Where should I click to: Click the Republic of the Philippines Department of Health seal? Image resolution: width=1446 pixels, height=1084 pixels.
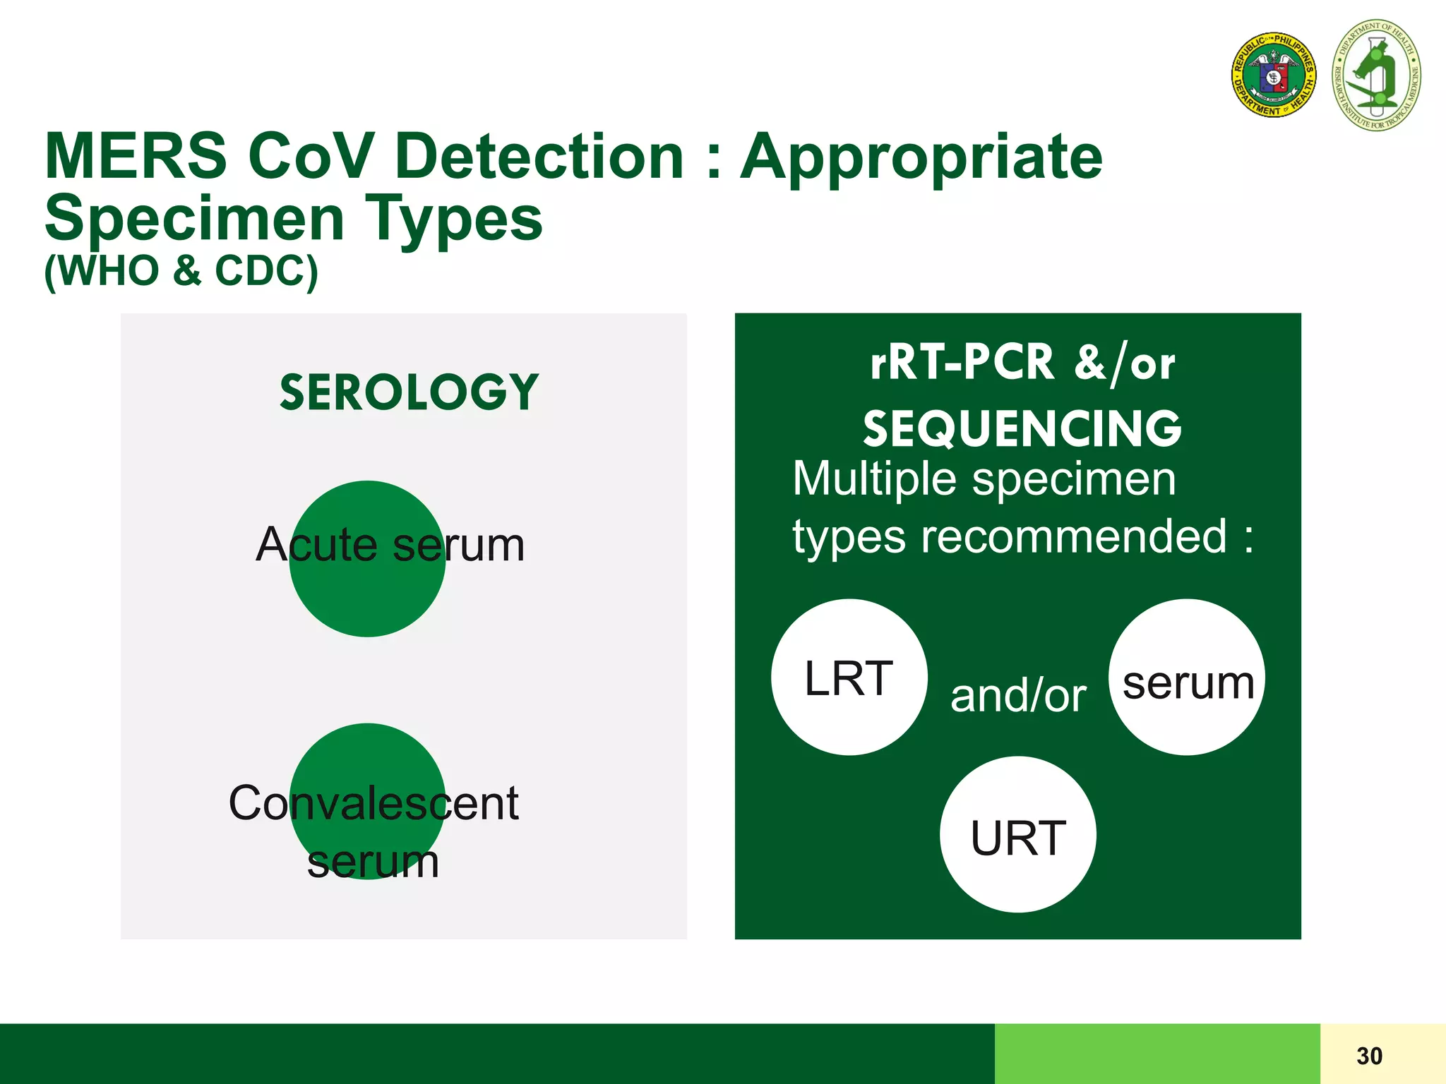click(x=1274, y=74)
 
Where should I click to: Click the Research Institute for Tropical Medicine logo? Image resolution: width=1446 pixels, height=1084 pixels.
click(x=1376, y=76)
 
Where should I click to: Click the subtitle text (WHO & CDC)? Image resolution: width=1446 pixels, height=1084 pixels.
click(x=181, y=270)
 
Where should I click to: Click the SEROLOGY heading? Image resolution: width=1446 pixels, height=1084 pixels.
click(x=409, y=392)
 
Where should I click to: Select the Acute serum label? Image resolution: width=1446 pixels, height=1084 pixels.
click(x=390, y=545)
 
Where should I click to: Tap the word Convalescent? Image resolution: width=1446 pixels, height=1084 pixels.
click(x=374, y=803)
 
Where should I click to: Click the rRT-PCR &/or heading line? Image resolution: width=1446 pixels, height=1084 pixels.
click(x=1022, y=363)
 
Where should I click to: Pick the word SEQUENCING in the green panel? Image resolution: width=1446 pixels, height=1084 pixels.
click(x=1022, y=429)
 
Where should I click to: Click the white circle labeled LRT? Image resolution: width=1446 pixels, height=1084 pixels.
click(x=849, y=677)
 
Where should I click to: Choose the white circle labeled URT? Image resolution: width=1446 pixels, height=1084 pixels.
click(x=1017, y=835)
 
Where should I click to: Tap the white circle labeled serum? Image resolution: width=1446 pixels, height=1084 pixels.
click(x=1188, y=677)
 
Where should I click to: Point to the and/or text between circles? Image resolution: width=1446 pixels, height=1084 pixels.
click(x=1017, y=696)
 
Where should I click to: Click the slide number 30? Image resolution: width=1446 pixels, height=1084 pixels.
click(x=1369, y=1056)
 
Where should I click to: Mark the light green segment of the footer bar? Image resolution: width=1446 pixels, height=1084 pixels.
click(x=1157, y=1054)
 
